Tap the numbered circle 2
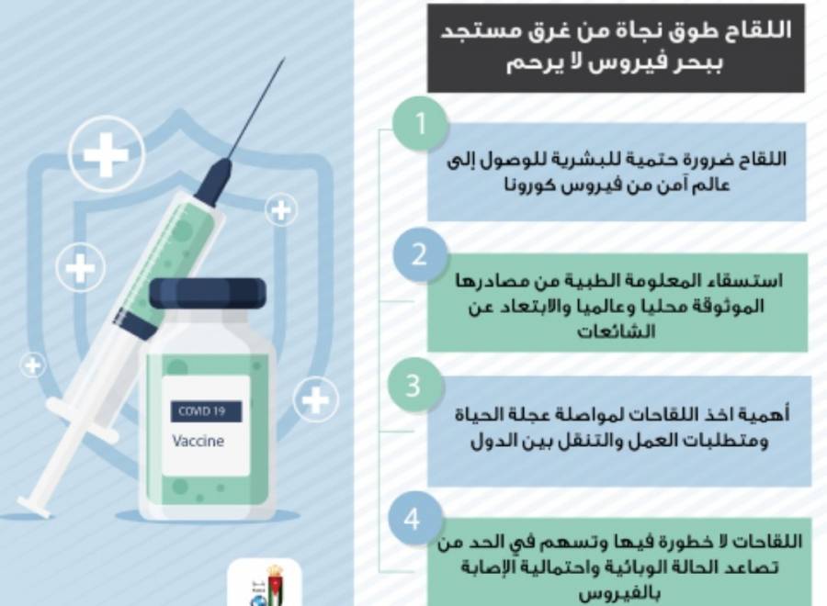(419, 254)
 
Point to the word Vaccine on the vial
(198, 441)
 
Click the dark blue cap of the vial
(208, 293)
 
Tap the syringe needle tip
(284, 61)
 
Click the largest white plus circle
(106, 153)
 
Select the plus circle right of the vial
(315, 400)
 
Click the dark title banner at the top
(615, 48)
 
